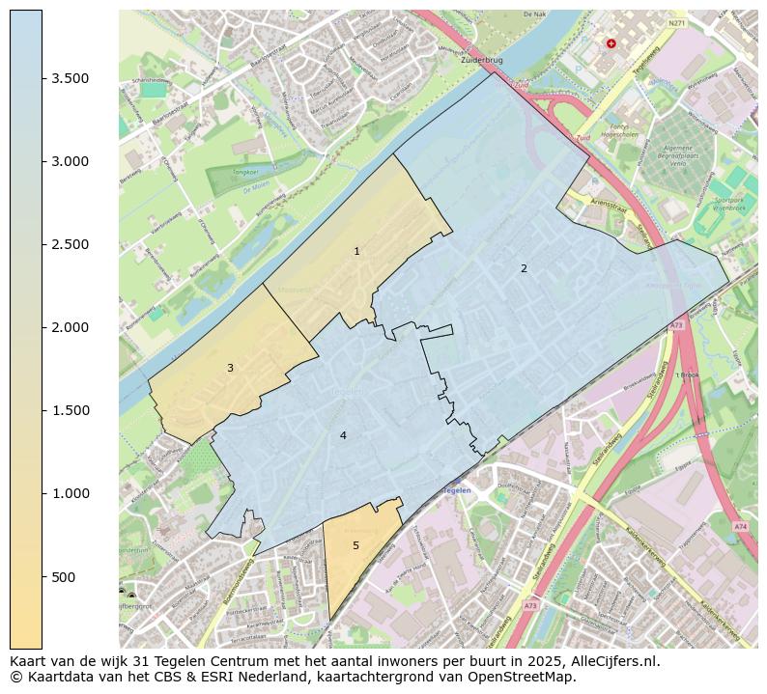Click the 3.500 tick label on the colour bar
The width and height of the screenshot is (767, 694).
tap(71, 78)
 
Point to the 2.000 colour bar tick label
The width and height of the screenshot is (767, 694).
tap(71, 327)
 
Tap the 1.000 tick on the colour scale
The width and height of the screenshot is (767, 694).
tap(71, 493)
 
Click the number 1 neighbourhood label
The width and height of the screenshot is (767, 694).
tap(356, 251)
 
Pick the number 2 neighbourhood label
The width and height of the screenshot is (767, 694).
tap(525, 268)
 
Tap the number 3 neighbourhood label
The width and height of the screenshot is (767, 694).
tap(230, 368)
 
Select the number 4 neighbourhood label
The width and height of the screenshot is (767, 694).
tap(343, 435)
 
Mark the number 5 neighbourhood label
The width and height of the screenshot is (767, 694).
tap(355, 545)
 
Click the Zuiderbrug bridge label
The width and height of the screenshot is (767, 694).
tap(483, 60)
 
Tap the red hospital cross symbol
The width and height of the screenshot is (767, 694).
tap(611, 43)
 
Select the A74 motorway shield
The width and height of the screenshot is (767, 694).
tap(739, 526)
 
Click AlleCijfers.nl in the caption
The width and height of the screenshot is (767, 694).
tap(612, 662)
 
